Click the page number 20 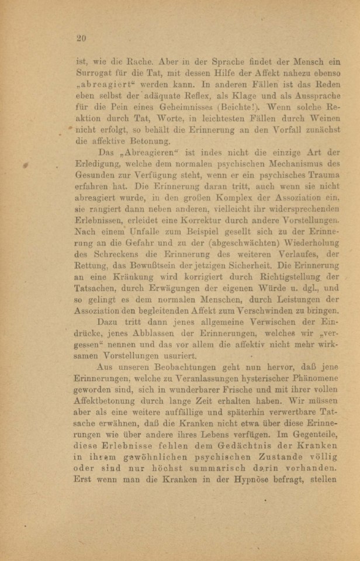click(81, 39)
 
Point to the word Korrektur click(205, 229)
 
